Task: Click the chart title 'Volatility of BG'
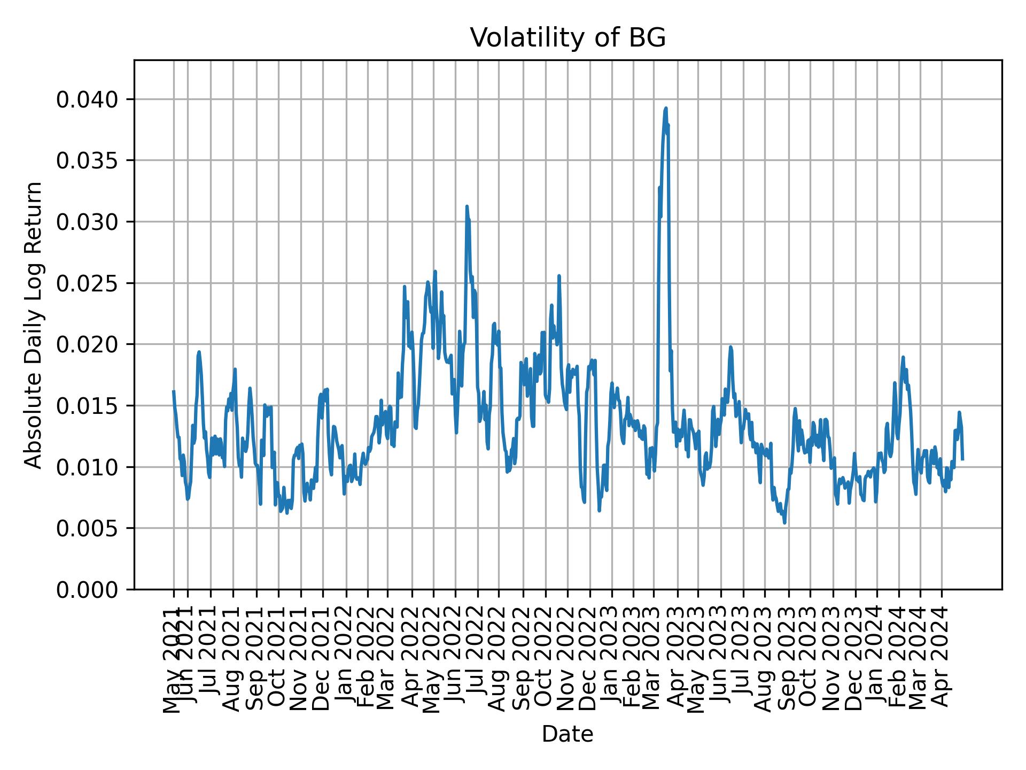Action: coord(568,38)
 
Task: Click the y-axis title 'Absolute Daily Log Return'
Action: coord(34,325)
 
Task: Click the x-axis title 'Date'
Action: coord(568,735)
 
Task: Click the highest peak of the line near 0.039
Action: coord(666,108)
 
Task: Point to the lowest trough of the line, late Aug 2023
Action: coord(784,523)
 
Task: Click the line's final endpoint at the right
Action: coord(962,459)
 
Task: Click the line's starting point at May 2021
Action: coord(173,391)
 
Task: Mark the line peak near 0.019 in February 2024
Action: coord(903,357)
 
